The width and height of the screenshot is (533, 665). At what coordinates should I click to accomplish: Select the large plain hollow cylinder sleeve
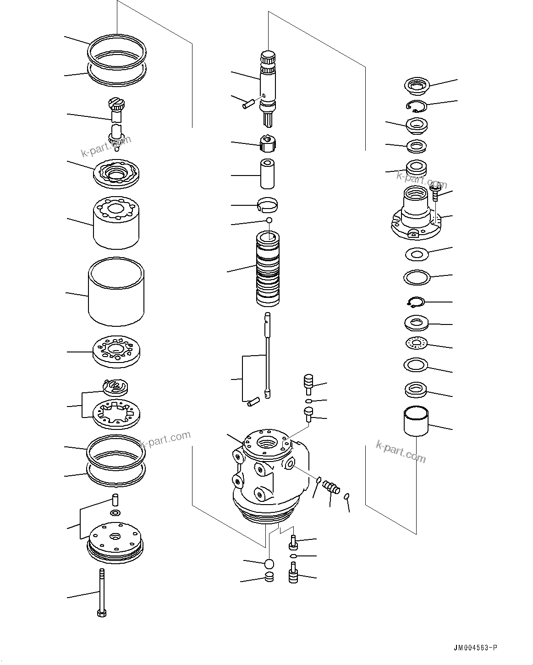click(x=116, y=291)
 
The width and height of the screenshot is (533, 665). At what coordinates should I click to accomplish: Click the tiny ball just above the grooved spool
click(x=269, y=220)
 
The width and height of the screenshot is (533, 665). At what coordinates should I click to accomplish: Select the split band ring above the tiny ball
click(x=268, y=204)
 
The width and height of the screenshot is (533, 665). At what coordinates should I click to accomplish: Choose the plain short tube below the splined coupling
click(x=268, y=174)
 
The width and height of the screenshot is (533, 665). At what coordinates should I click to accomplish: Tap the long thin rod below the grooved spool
click(x=267, y=353)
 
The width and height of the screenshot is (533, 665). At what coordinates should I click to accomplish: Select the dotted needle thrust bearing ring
click(x=417, y=343)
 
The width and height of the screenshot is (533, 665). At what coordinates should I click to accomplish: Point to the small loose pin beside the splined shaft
click(x=248, y=104)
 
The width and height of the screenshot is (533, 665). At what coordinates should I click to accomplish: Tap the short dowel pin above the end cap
click(x=115, y=499)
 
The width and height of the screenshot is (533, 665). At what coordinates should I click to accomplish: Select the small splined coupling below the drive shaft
click(x=268, y=144)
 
